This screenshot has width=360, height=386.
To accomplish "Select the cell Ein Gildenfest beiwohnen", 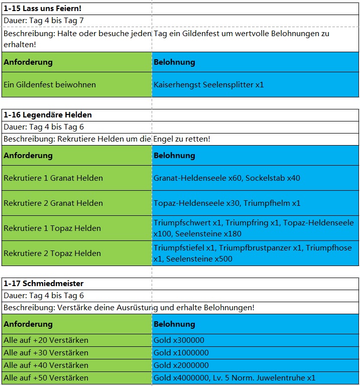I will point(50,85).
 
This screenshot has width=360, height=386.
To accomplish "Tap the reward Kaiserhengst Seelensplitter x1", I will point(209,85).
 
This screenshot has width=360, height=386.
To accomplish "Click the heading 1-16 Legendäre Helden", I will point(48,115).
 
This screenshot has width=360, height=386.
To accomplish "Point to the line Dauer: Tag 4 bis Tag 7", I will point(44,21).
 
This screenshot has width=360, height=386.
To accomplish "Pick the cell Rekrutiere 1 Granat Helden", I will point(53,178).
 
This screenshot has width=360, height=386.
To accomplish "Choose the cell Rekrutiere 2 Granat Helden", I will point(53,203).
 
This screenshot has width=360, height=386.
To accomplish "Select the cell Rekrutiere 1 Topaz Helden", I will point(52,228).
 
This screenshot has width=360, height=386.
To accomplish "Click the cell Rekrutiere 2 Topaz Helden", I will point(52,253).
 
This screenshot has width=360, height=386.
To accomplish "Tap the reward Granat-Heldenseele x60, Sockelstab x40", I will point(227,178).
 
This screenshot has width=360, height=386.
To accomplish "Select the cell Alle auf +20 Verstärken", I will point(46,340).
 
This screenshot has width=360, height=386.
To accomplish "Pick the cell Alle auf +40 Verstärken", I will point(46,365).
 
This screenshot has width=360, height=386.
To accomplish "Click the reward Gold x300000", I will point(179,340).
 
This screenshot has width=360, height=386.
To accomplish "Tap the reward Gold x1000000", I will point(181,353).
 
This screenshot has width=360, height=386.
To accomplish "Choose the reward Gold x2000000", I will point(181,365).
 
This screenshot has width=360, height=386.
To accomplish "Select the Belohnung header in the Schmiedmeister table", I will point(174,324).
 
